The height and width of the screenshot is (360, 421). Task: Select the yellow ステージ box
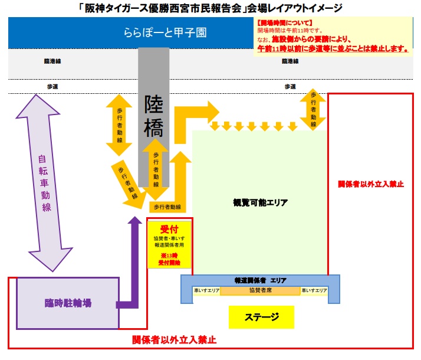coord(261,317)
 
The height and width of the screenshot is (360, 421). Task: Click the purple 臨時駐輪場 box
coord(68,303)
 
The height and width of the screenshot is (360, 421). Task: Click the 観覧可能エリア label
coord(261,202)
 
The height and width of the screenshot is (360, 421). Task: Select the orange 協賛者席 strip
coord(261,290)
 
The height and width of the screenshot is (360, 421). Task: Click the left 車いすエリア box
coord(206,290)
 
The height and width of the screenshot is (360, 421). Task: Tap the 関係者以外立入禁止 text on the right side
coord(370,184)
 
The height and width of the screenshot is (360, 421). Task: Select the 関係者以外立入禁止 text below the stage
coord(174,340)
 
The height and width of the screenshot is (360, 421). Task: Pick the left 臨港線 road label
coord(52,61)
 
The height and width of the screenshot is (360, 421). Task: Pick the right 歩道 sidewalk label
coord(290,86)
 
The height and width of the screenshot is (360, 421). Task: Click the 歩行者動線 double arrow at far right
coord(313,109)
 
